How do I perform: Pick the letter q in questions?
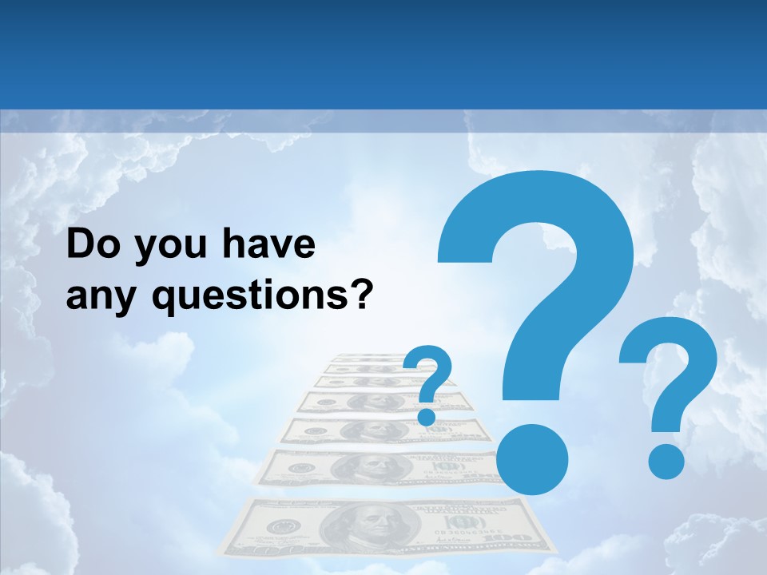click(x=165, y=300)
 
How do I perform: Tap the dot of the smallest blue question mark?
click(x=427, y=416)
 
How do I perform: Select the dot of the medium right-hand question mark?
click(x=666, y=461)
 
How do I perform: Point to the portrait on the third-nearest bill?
click(x=376, y=430)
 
